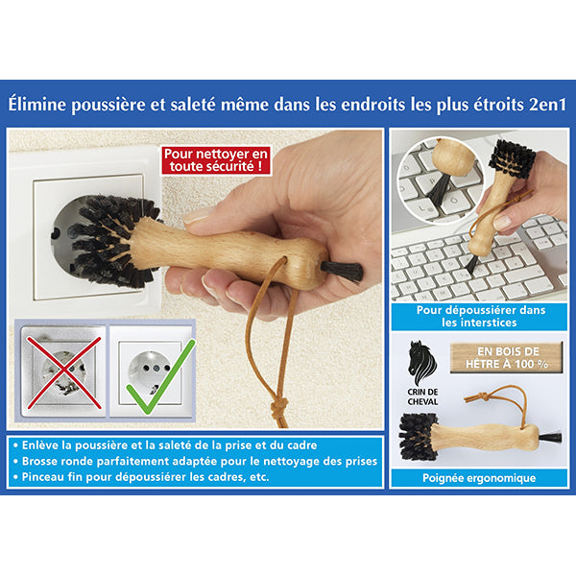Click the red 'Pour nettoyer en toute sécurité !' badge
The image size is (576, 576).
click(217, 159)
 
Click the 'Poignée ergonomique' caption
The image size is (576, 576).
click(477, 477)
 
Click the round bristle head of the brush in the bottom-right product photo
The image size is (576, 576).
click(419, 437)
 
